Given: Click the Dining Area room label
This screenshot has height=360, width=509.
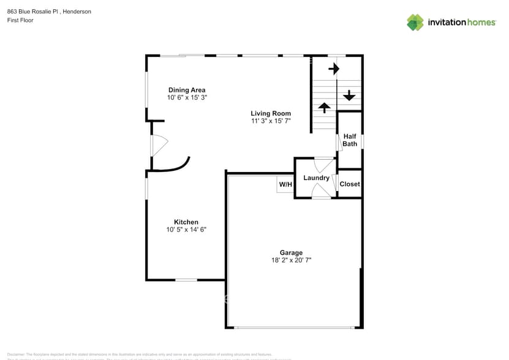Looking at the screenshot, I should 187,90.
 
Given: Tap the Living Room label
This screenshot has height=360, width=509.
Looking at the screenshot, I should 271,113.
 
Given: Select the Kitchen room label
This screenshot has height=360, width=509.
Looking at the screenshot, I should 186,222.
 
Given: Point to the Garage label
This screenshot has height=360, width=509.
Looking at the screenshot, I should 292,252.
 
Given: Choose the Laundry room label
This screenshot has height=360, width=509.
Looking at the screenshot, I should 316,178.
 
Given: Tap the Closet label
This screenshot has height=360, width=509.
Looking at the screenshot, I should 350,184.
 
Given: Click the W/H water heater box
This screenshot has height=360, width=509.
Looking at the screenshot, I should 285,184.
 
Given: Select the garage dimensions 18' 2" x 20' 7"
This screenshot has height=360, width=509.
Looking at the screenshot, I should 292,260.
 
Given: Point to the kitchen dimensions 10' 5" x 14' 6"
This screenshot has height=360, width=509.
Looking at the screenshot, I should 186,230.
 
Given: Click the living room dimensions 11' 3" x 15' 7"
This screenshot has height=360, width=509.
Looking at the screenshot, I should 271,121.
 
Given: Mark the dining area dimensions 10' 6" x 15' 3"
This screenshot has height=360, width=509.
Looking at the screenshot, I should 187,98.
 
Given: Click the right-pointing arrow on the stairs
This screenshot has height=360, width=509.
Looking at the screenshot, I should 333,69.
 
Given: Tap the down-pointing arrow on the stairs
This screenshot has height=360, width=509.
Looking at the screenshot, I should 349,96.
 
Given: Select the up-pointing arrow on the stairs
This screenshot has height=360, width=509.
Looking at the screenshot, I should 323,108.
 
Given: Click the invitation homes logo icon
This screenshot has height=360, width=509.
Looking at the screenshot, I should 415,22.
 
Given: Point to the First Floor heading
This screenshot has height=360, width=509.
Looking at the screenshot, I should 20,20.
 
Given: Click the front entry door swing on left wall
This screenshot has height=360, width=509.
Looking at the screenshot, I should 159,145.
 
